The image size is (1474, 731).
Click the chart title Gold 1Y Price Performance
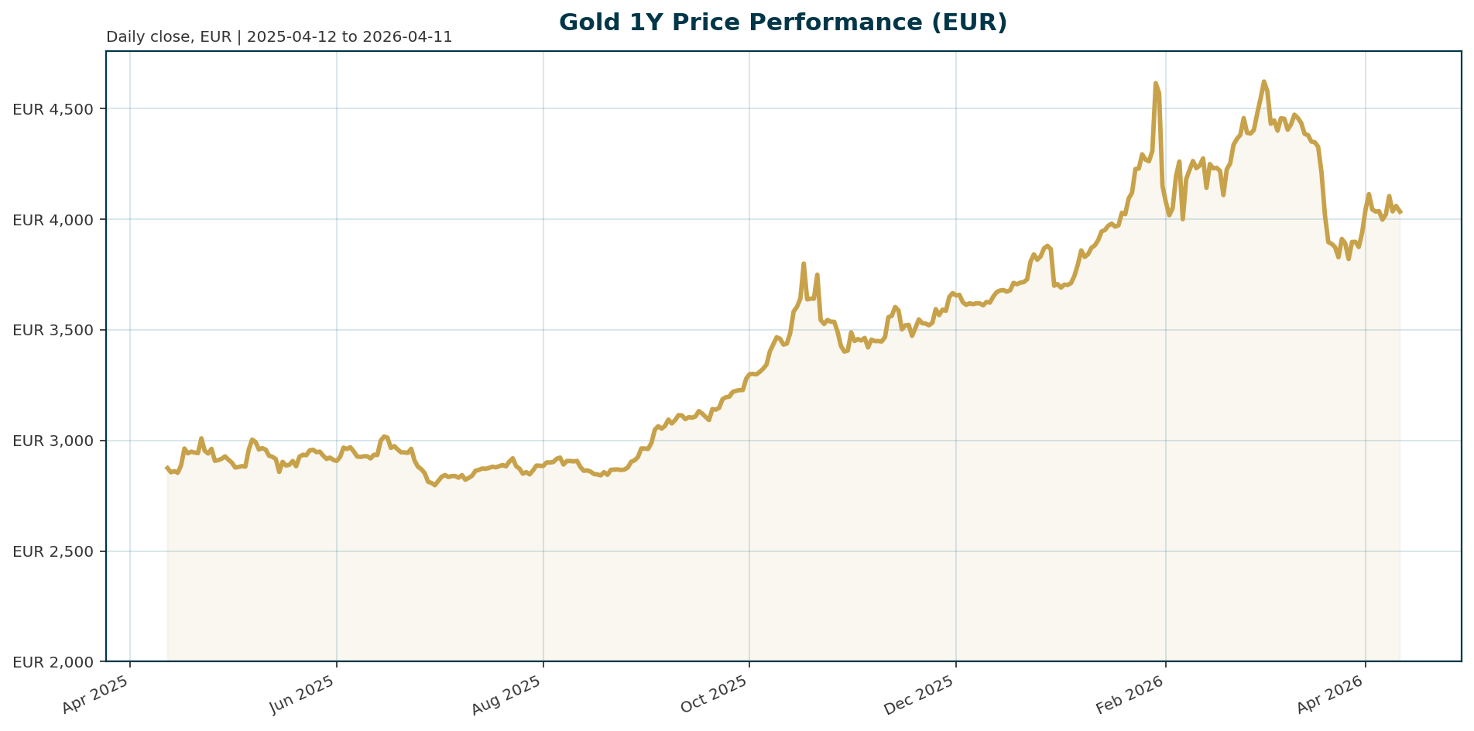tap(783, 22)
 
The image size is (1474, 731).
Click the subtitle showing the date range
tap(279, 37)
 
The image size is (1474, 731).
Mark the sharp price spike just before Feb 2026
tap(1155, 83)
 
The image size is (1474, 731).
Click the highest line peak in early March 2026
tap(1263, 81)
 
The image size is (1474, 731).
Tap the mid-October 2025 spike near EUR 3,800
tap(804, 263)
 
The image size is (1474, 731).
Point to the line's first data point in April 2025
tap(167, 467)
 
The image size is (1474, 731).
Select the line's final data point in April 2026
tap(1400, 212)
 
